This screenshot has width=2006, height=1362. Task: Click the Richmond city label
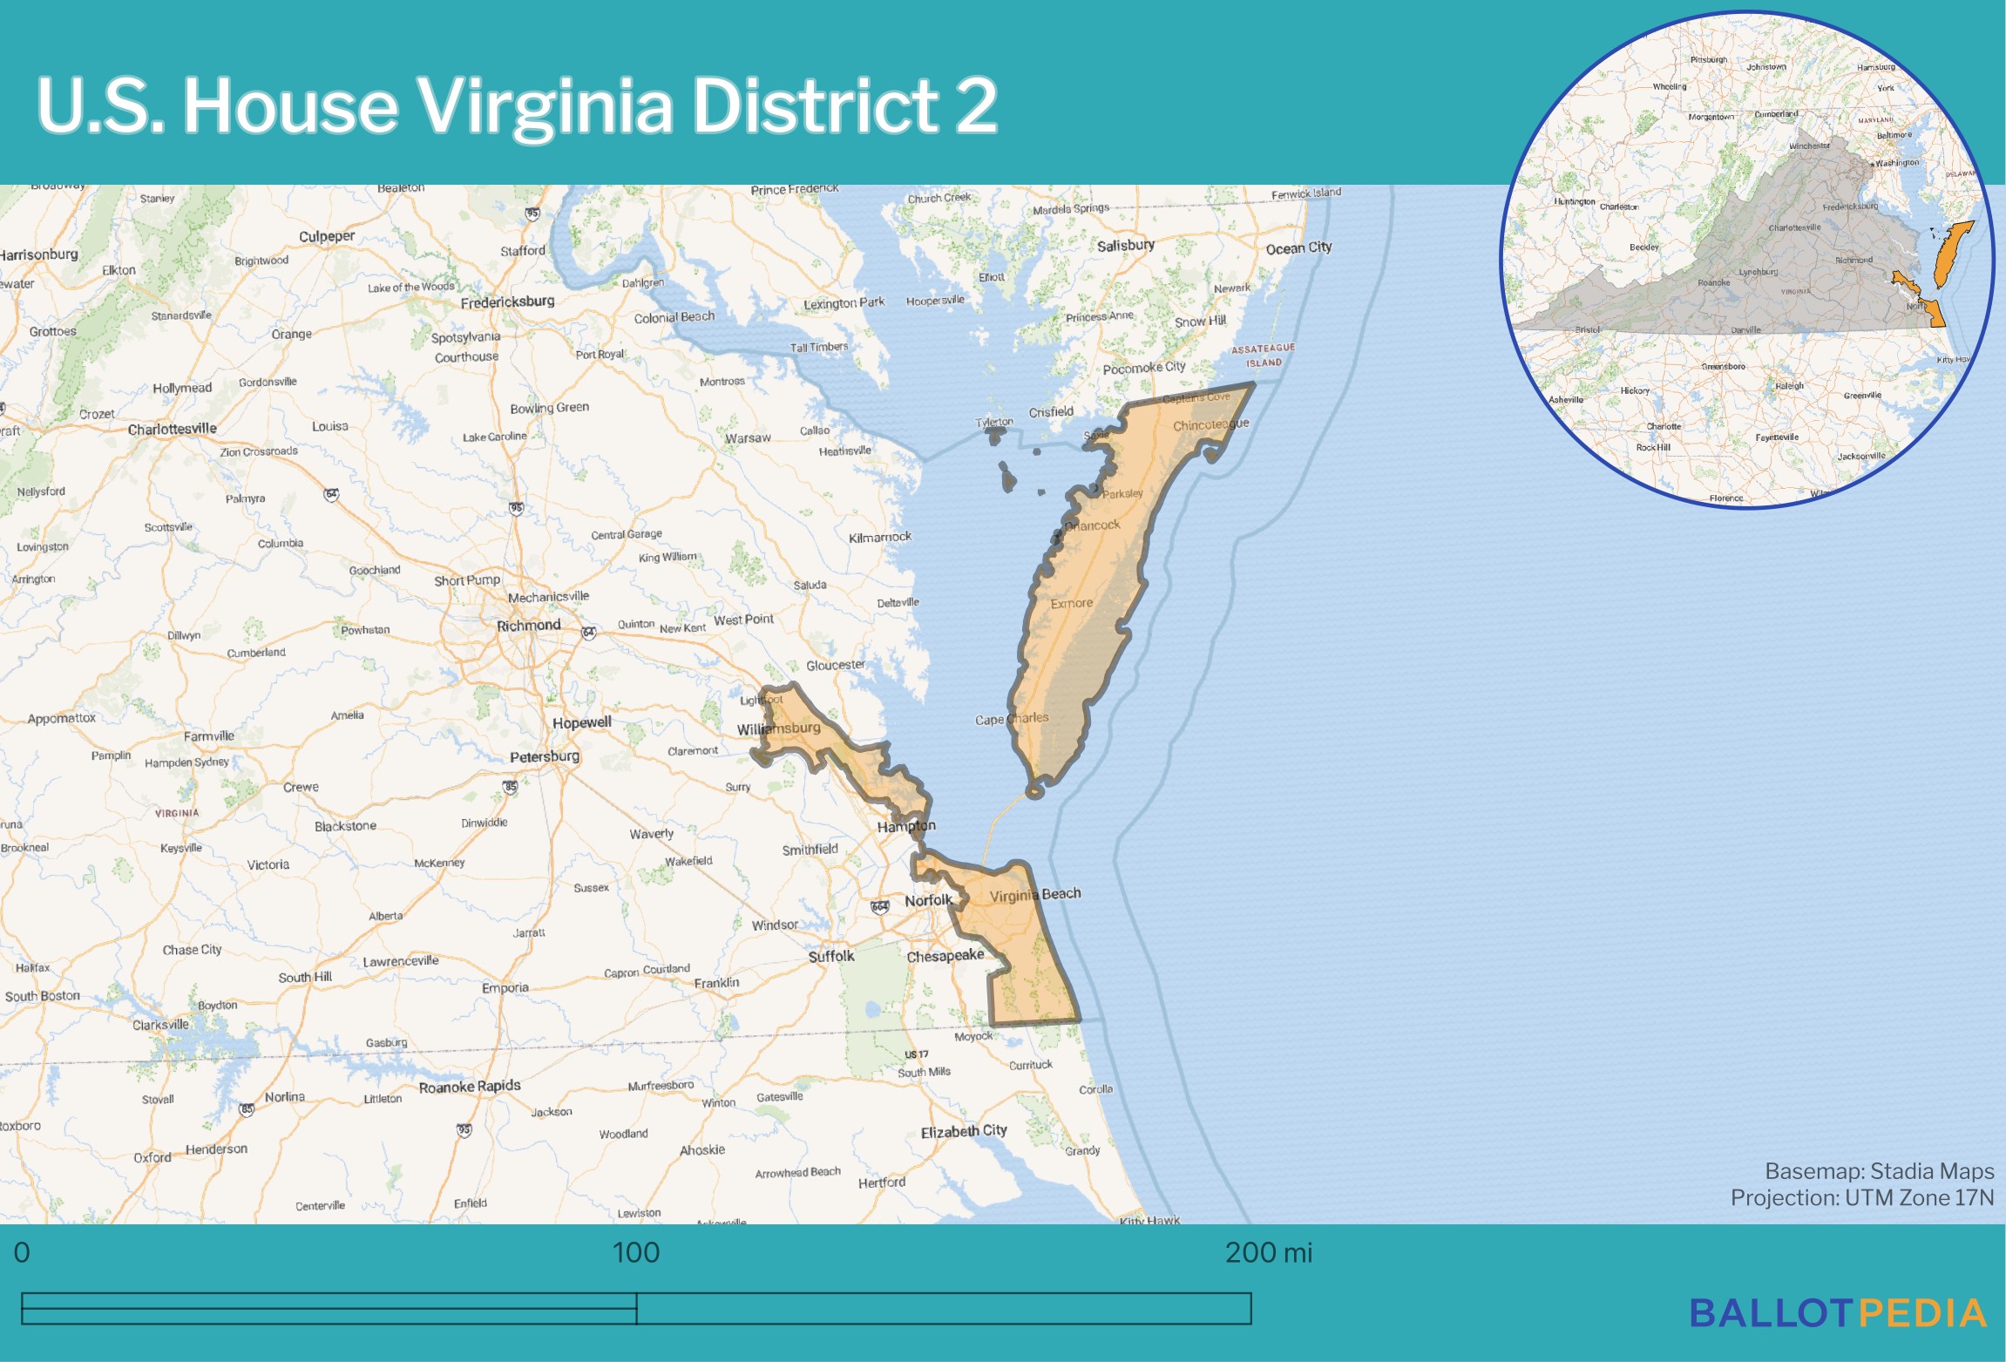pos(528,626)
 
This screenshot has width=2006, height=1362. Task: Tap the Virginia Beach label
pos(1034,895)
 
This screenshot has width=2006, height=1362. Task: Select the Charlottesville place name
pos(172,429)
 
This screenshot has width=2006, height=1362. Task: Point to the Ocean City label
pos(1298,248)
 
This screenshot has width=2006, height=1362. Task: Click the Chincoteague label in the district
pos(1210,425)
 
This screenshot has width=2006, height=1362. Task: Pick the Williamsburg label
pos(778,728)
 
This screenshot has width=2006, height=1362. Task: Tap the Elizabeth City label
pos(964,1131)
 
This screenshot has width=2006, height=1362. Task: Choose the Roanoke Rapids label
pos(470,1087)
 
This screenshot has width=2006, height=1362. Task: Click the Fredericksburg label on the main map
pos(507,302)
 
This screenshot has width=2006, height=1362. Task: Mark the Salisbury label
pos(1125,246)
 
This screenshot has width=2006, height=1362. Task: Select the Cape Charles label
pos(1011,719)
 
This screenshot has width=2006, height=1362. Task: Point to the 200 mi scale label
pos(1268,1253)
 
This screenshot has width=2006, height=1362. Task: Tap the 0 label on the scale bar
pos(22,1253)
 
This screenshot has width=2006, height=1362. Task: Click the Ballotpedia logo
pos(1837,1313)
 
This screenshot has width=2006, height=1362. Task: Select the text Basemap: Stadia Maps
pos(1879,1171)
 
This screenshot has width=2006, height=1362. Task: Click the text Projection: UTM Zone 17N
pos(1861,1198)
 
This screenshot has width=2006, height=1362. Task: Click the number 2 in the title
pos(976,105)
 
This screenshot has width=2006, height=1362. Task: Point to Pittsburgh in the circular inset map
pos(1708,60)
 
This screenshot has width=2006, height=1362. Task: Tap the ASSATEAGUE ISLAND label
pos(1263,356)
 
